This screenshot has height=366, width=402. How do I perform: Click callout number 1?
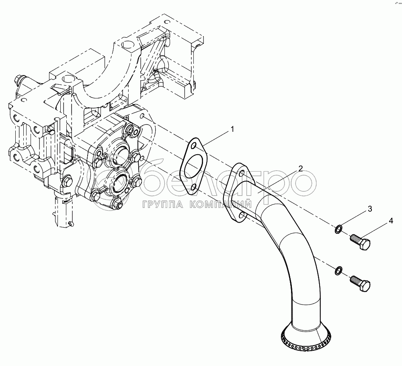click(232, 129)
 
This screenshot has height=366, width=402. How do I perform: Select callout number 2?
click(301, 168)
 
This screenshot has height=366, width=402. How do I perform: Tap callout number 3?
click(370, 209)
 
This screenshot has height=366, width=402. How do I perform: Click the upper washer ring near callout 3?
click(339, 229)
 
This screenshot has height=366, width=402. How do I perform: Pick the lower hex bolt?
click(360, 284)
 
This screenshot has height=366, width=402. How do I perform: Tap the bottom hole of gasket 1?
click(194, 186)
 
